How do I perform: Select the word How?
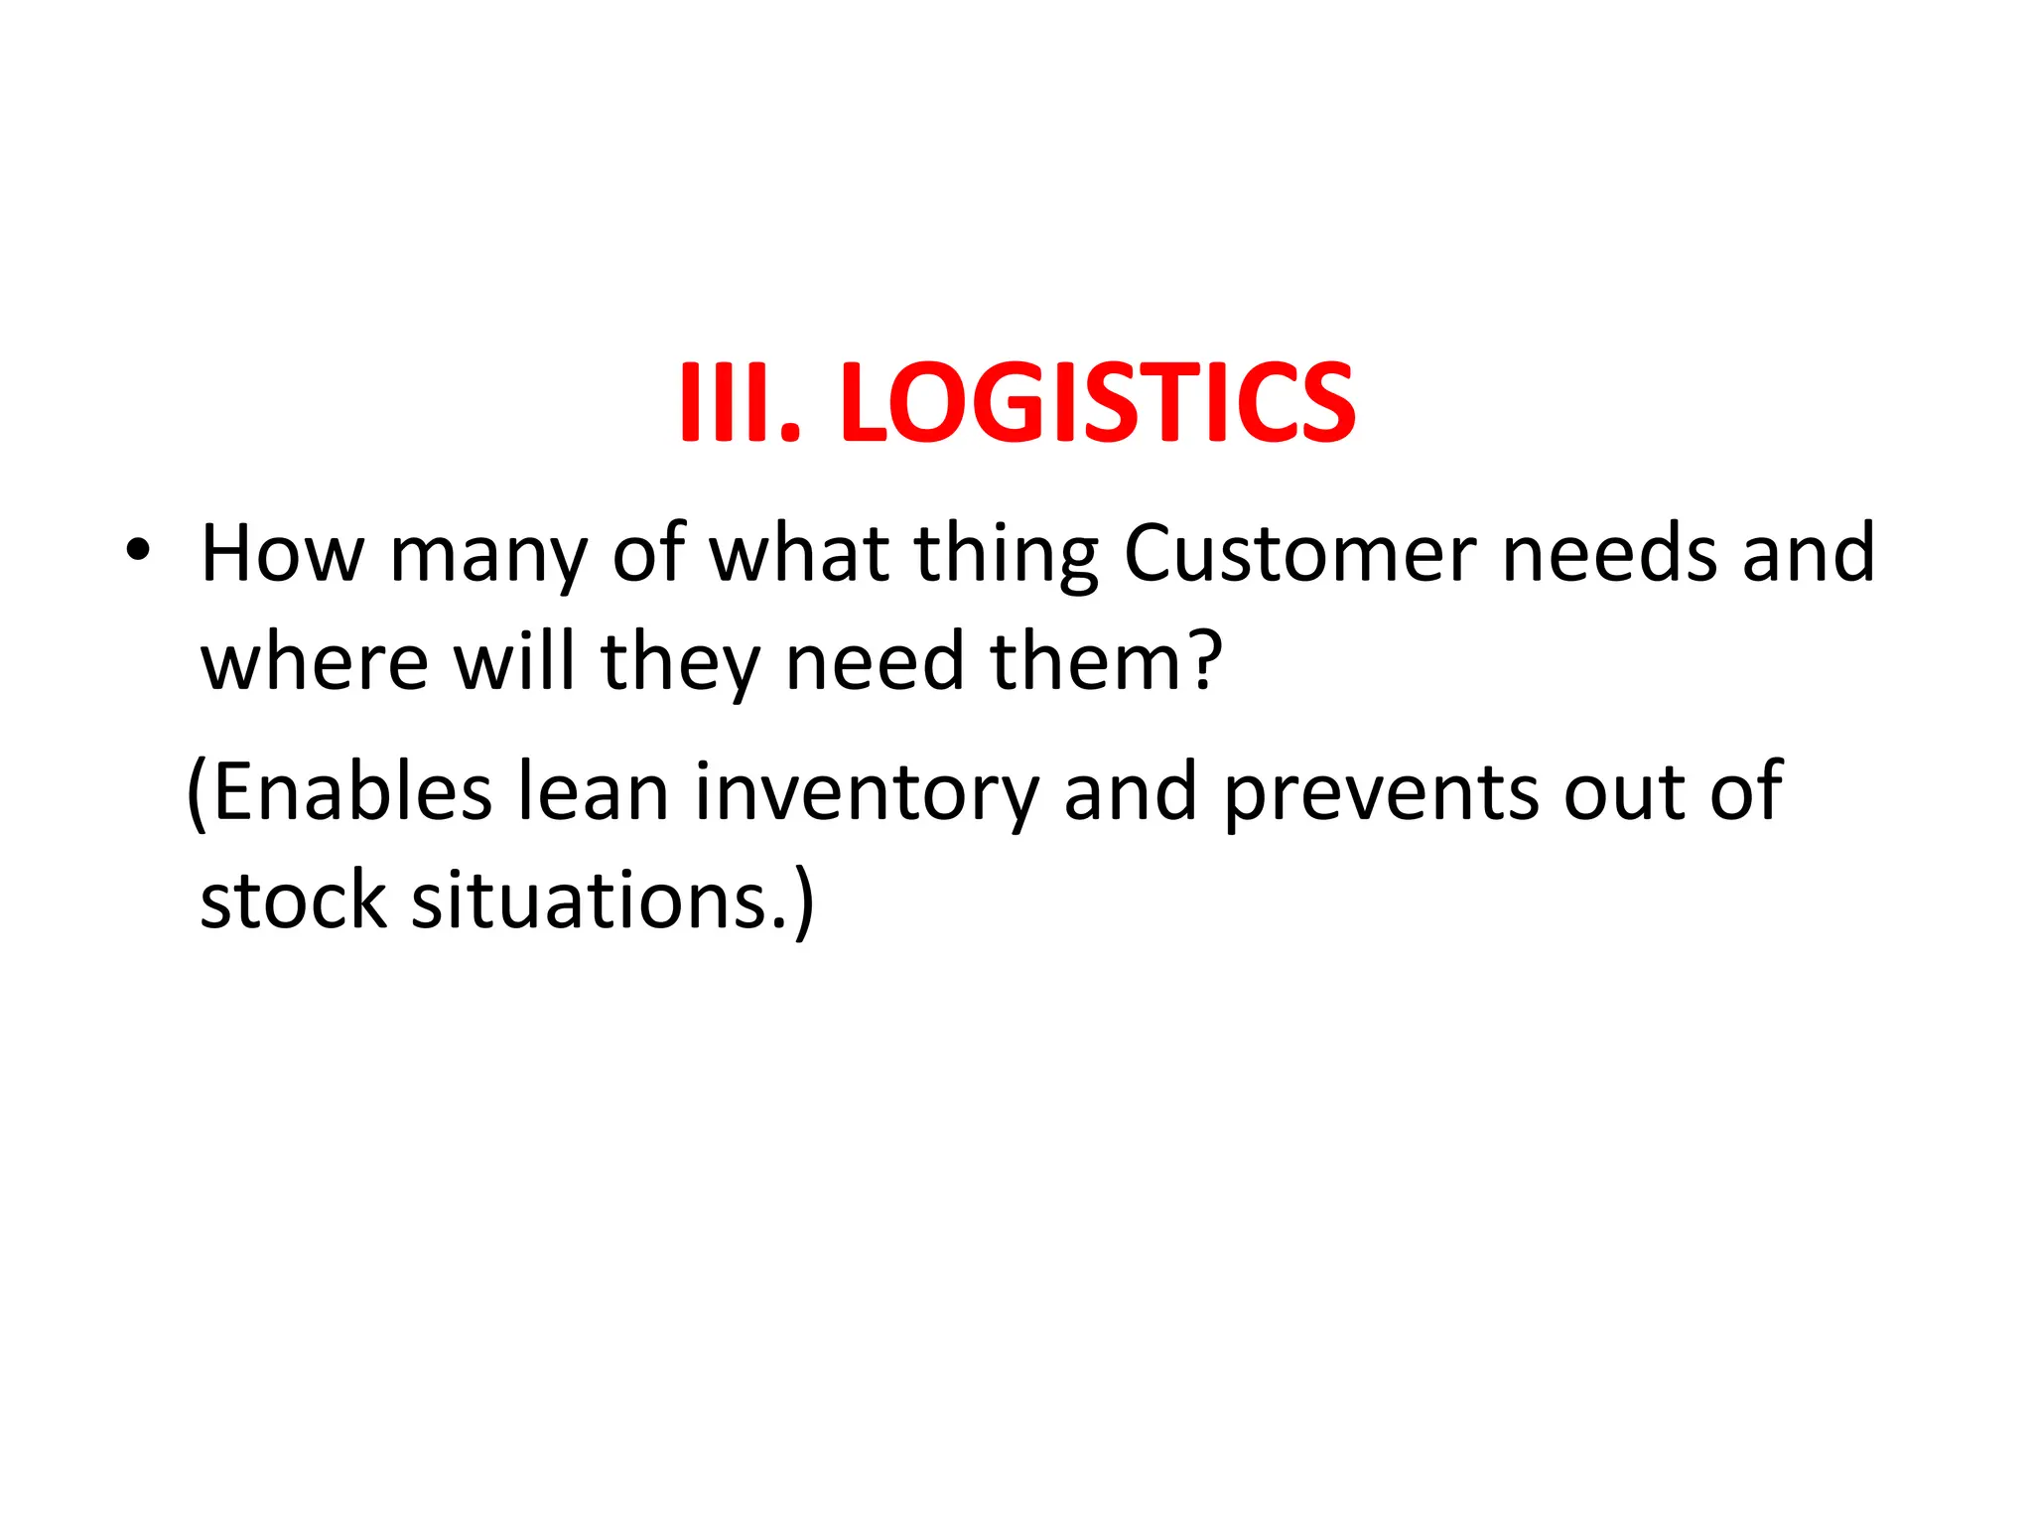[x=283, y=553]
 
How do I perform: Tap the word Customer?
[x=1300, y=553]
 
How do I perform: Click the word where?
[x=315, y=662]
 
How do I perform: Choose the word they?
[x=680, y=665]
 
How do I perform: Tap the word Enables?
[x=352, y=791]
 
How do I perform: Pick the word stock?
[x=293, y=900]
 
